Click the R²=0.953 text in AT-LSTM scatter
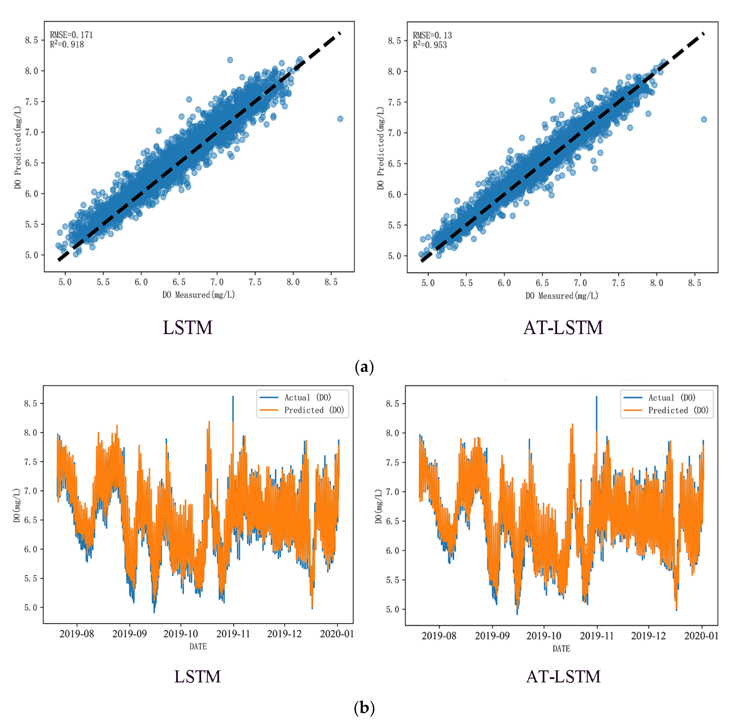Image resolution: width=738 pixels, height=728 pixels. pyautogui.click(x=430, y=45)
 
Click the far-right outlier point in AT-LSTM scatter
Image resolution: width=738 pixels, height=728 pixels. pyautogui.click(x=704, y=119)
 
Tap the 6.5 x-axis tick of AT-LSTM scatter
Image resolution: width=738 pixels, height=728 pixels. pyautogui.click(x=542, y=283)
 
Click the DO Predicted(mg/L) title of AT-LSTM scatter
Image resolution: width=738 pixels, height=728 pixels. pyautogui.click(x=380, y=148)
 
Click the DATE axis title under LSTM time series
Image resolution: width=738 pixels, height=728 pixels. pyautogui.click(x=198, y=646)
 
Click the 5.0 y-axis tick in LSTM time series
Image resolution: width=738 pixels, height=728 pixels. pyautogui.click(x=30, y=608)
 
